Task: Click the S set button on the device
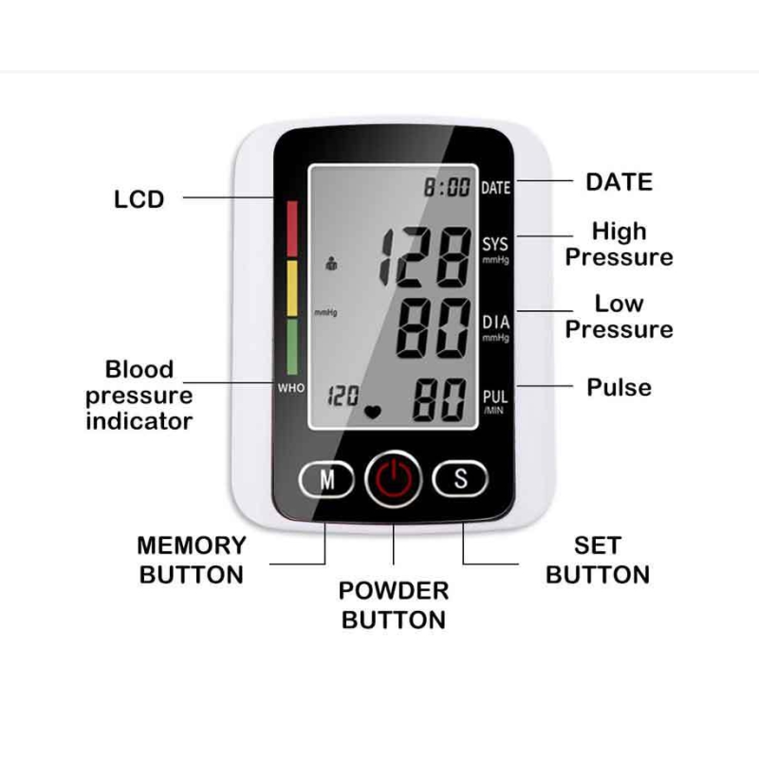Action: click(460, 479)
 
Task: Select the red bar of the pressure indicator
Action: click(291, 228)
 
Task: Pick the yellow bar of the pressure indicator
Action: click(291, 287)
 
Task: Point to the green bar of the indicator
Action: click(291, 345)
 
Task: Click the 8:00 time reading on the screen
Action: click(446, 187)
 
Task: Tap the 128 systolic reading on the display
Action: click(425, 258)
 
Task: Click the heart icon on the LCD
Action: click(374, 413)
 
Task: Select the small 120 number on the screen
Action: click(342, 396)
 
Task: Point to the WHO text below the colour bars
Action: click(290, 388)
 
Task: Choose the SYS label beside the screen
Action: click(495, 245)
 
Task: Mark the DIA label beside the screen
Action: click(495, 323)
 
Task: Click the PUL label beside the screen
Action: click(495, 397)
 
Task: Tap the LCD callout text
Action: click(139, 199)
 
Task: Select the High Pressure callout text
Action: click(619, 244)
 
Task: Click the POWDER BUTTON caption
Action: click(393, 605)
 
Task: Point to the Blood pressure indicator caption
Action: click(139, 395)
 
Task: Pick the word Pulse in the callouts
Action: click(619, 387)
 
